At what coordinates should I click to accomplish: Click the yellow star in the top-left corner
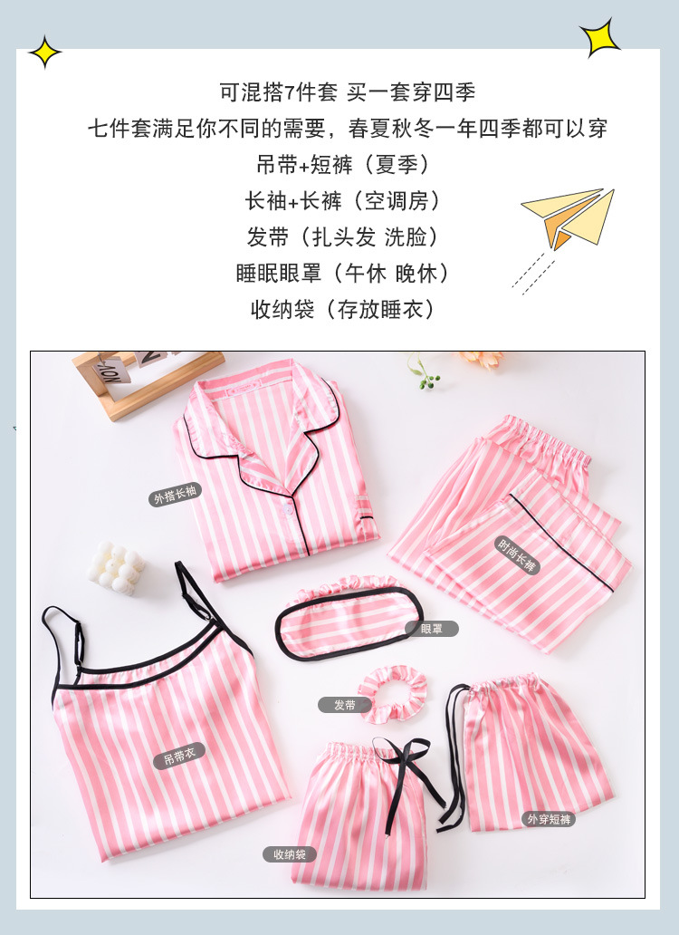[44, 53]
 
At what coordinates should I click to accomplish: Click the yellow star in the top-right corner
[599, 37]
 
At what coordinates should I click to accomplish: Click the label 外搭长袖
[176, 496]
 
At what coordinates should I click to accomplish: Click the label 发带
[345, 704]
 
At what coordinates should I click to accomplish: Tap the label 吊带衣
[178, 757]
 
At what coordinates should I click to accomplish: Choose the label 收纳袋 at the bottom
[290, 853]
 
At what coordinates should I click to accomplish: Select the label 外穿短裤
[550, 819]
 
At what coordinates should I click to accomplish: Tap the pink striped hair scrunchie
[392, 692]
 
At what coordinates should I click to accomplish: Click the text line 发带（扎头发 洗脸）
[342, 237]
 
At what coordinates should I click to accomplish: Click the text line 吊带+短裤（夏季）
[342, 165]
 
